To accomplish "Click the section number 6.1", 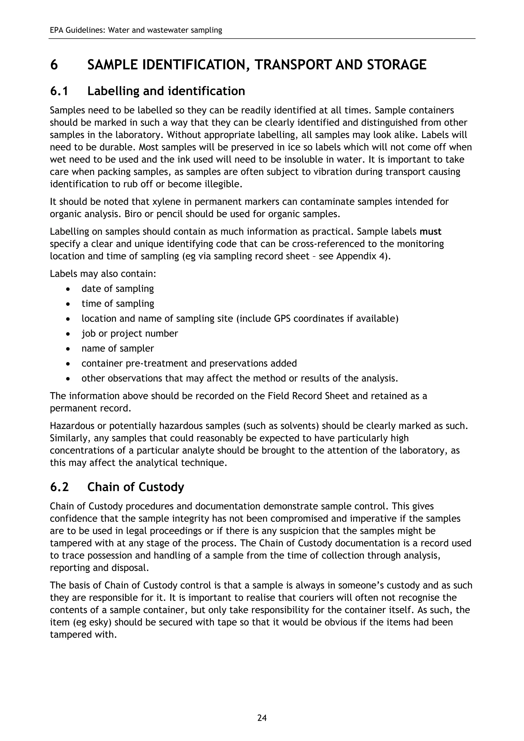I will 59,91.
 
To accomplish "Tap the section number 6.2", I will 59,487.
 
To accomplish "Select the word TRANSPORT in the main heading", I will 292,65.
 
